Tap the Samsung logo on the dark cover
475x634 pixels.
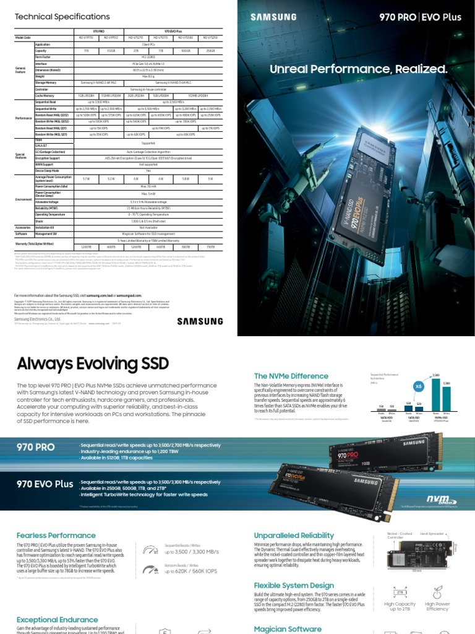(270, 17)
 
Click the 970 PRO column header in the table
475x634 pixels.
(98, 30)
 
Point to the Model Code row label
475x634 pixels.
(23, 38)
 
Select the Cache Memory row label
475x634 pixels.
(46, 96)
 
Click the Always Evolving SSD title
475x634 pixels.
(93, 363)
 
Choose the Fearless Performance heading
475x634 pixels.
(56, 535)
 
